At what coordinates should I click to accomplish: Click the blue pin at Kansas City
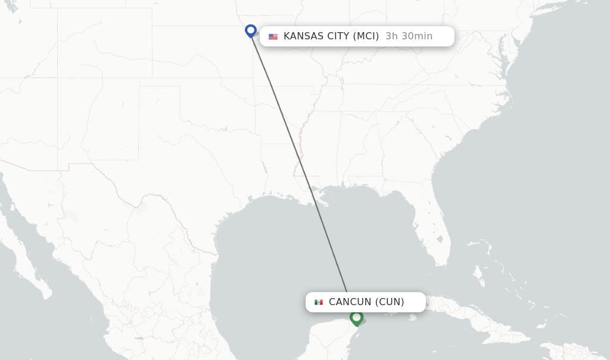pos(251,30)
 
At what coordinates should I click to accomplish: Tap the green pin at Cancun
pos(356,317)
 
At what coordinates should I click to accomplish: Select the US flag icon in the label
pos(273,36)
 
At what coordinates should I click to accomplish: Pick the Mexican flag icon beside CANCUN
pos(319,302)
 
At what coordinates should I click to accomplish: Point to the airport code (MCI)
pos(366,36)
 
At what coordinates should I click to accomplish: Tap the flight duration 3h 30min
pos(409,36)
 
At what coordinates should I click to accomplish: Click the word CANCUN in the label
pos(350,302)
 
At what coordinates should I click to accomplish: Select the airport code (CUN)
pos(390,302)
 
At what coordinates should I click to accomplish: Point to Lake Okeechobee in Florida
pos(439,239)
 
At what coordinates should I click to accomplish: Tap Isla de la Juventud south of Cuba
pos(412,318)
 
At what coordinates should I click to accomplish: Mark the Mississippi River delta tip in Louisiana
pos(326,205)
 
